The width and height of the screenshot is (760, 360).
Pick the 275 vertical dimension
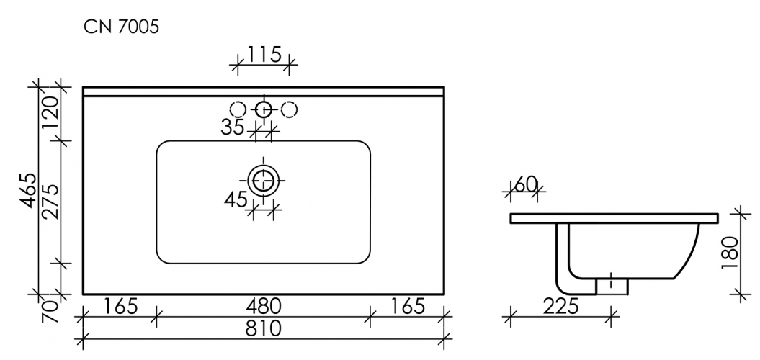click(x=50, y=204)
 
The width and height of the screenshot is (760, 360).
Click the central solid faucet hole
click(x=264, y=109)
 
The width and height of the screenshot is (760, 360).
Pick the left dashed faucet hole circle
click(x=238, y=109)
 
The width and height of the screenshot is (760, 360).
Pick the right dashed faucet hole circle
click(x=289, y=109)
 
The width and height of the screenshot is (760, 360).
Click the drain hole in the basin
click(x=264, y=180)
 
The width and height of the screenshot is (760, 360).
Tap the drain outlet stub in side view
click(x=612, y=286)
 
